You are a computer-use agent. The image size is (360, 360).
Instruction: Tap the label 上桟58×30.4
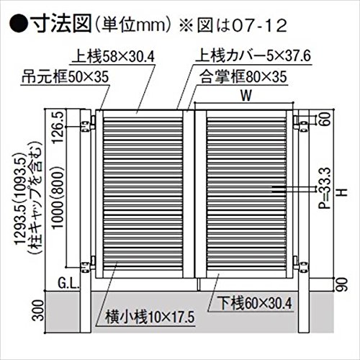tap(114, 57)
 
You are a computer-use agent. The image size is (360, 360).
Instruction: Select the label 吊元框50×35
tap(66, 78)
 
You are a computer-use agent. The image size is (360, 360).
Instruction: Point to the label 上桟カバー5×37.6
tap(253, 56)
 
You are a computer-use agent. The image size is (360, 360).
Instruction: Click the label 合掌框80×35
tap(243, 77)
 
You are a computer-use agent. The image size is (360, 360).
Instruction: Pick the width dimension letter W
tap(246, 96)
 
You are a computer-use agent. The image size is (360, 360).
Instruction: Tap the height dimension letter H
tap(343, 192)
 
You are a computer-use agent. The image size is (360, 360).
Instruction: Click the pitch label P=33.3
tap(326, 188)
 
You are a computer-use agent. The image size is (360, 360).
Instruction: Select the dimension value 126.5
tap(58, 127)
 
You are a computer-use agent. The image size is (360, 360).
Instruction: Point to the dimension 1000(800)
tap(58, 197)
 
